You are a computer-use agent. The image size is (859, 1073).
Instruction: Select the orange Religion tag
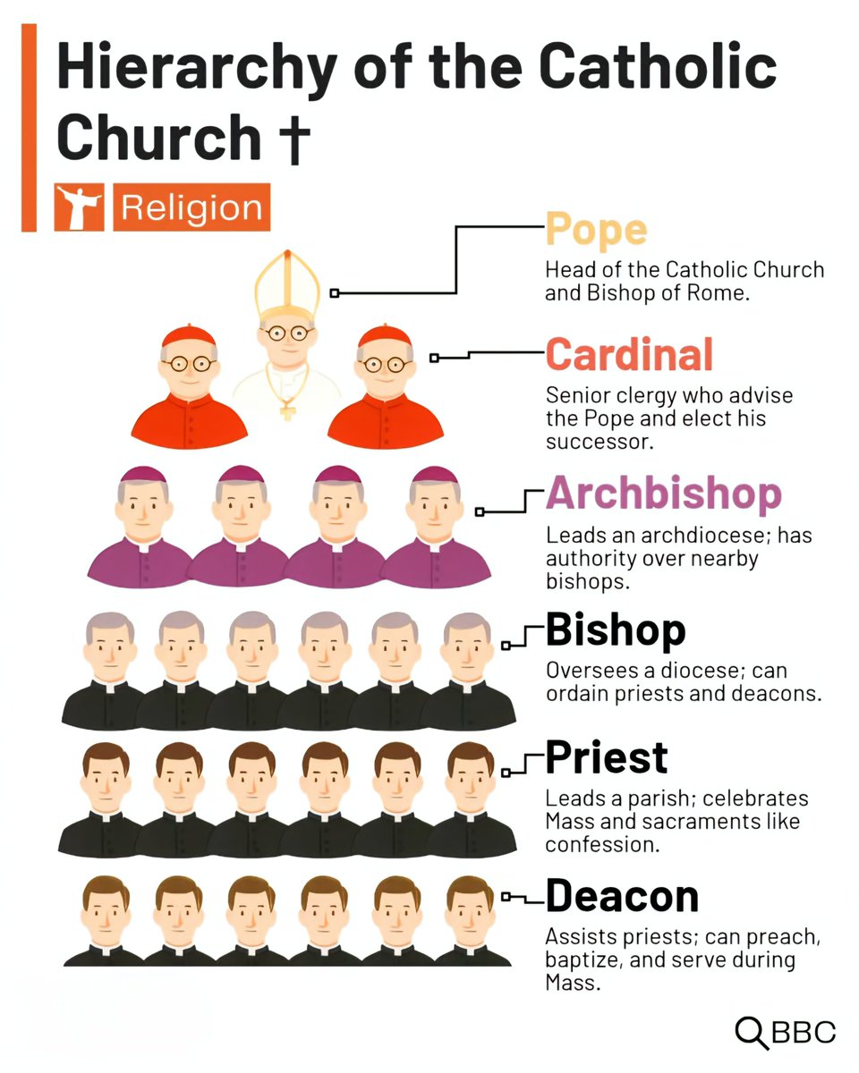(191, 207)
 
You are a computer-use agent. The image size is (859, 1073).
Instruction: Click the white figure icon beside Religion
(80, 207)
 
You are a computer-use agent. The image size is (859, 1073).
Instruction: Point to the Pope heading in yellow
(596, 229)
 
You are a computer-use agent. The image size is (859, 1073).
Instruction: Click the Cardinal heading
(629, 355)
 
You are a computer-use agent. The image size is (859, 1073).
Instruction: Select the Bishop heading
(615, 629)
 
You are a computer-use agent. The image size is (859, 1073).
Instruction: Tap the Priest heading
(606, 757)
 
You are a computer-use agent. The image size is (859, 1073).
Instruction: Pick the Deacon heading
(622, 895)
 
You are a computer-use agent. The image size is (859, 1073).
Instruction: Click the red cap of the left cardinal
(189, 336)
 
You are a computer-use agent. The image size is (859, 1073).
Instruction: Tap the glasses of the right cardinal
(386, 364)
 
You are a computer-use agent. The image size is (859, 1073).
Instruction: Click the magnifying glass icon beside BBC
(751, 1032)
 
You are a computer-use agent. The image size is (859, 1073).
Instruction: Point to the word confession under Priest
(602, 844)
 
